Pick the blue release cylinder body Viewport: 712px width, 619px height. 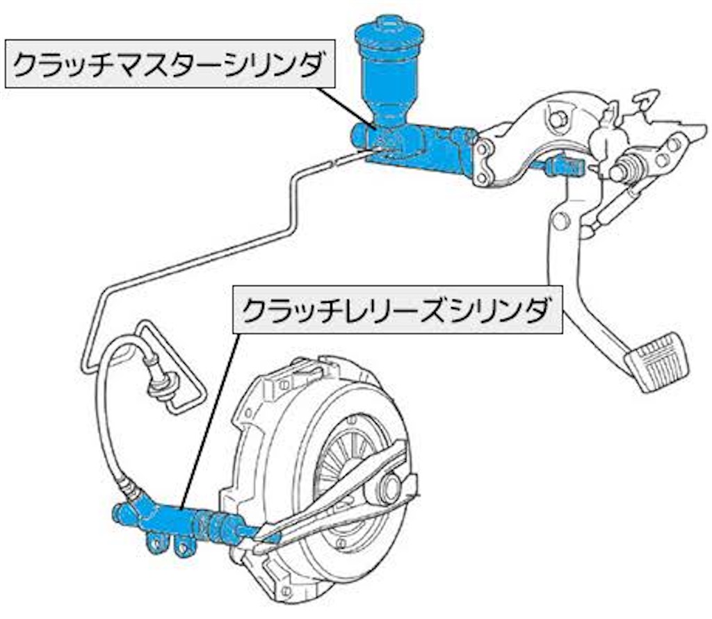point(167,518)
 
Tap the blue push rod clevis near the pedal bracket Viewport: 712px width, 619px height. point(560,166)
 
